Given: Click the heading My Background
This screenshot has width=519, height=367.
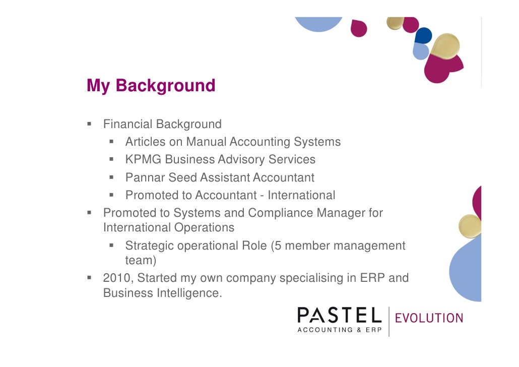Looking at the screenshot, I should point(151,86).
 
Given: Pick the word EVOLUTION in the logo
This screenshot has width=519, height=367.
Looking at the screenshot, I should point(429,318).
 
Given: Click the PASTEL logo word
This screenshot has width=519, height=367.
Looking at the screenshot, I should point(339,316).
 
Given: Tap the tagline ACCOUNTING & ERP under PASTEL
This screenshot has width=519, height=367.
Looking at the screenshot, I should point(339,330).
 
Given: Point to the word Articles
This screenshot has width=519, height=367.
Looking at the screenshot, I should point(145,142).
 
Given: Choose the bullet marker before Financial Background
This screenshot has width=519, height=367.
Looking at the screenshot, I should point(89,124).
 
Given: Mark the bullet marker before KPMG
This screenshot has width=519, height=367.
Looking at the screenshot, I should point(111,160).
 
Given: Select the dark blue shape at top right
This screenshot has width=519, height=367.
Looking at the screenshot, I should point(423,36).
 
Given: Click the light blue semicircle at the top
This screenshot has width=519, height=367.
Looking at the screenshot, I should point(318,23).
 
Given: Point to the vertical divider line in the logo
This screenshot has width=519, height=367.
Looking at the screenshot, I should point(389,321).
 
